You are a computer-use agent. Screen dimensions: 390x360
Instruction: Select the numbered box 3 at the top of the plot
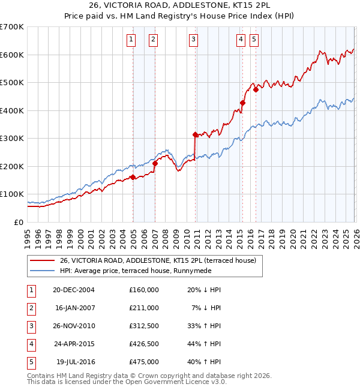tap(194, 40)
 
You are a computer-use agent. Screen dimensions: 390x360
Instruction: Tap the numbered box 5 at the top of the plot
tap(254, 40)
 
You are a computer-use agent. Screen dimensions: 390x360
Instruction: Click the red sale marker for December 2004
tap(133, 177)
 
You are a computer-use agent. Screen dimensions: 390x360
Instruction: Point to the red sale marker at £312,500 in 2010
tap(195, 134)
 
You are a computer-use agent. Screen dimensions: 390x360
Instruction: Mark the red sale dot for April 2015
tap(242, 103)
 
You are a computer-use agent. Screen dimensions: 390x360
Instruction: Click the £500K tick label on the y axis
tap(11, 83)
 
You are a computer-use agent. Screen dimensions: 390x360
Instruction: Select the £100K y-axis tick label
tap(11, 194)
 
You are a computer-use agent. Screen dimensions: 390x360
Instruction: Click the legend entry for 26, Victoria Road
tap(157, 260)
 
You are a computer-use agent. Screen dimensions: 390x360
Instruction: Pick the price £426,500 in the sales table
tap(143, 344)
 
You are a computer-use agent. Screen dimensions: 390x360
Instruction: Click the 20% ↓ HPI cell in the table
tap(204, 289)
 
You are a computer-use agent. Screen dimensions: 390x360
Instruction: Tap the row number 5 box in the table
tap(30, 362)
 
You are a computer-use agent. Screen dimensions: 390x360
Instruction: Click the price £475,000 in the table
tap(143, 362)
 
